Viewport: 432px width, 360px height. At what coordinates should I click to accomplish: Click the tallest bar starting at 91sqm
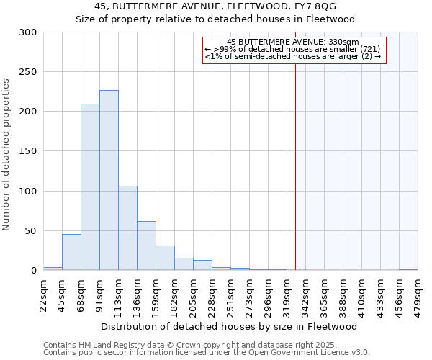click(109, 180)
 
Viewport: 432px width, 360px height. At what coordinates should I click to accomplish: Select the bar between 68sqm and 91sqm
click(90, 187)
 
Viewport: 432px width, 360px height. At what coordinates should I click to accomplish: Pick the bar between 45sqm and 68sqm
click(71, 252)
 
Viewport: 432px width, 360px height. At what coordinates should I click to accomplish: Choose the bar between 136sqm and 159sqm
click(146, 246)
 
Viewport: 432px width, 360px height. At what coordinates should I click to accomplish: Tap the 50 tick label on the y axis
click(31, 231)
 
